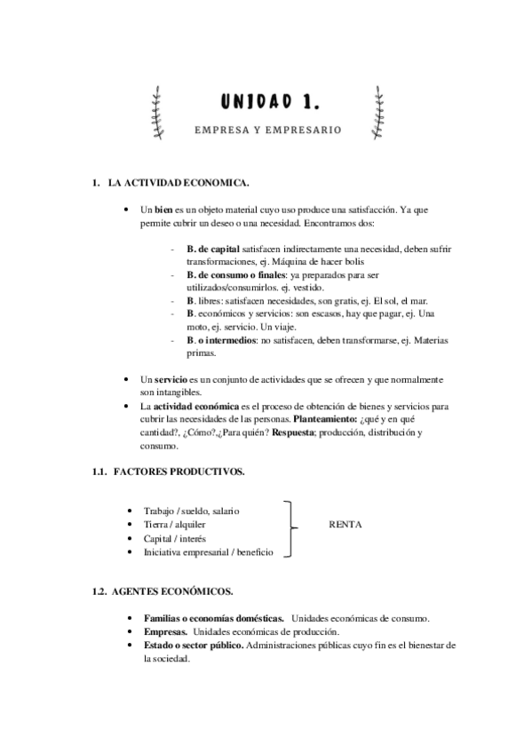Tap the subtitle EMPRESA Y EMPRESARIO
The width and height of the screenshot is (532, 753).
[267, 130]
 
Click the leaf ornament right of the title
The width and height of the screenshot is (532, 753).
[381, 113]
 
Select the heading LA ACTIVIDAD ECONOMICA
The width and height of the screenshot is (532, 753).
[178, 184]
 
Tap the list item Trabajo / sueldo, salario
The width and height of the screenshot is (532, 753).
[191, 511]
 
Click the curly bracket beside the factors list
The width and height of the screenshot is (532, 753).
[290, 529]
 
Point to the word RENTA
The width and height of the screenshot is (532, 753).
[345, 525]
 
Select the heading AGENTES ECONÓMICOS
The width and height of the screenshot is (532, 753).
[173, 591]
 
